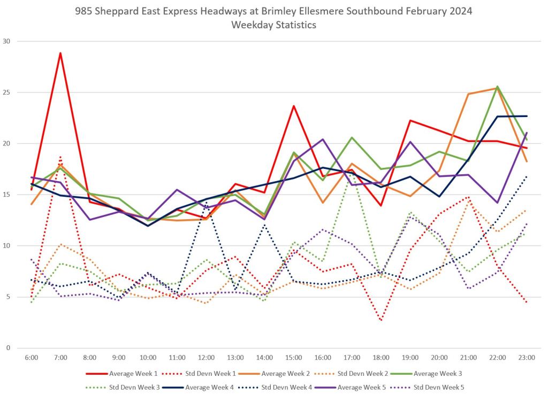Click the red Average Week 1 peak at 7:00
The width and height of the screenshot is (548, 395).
(x=60, y=53)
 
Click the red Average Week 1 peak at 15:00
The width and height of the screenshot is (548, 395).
(x=294, y=106)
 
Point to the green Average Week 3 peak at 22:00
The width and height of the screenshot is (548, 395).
(x=497, y=86)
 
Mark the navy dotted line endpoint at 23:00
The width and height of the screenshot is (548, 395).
(x=527, y=176)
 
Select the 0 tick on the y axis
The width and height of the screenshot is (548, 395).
(x=9, y=348)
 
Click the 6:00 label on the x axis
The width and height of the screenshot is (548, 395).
(x=32, y=357)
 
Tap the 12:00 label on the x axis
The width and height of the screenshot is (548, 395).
(x=206, y=357)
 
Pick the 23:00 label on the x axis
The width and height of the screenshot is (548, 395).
(x=527, y=357)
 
